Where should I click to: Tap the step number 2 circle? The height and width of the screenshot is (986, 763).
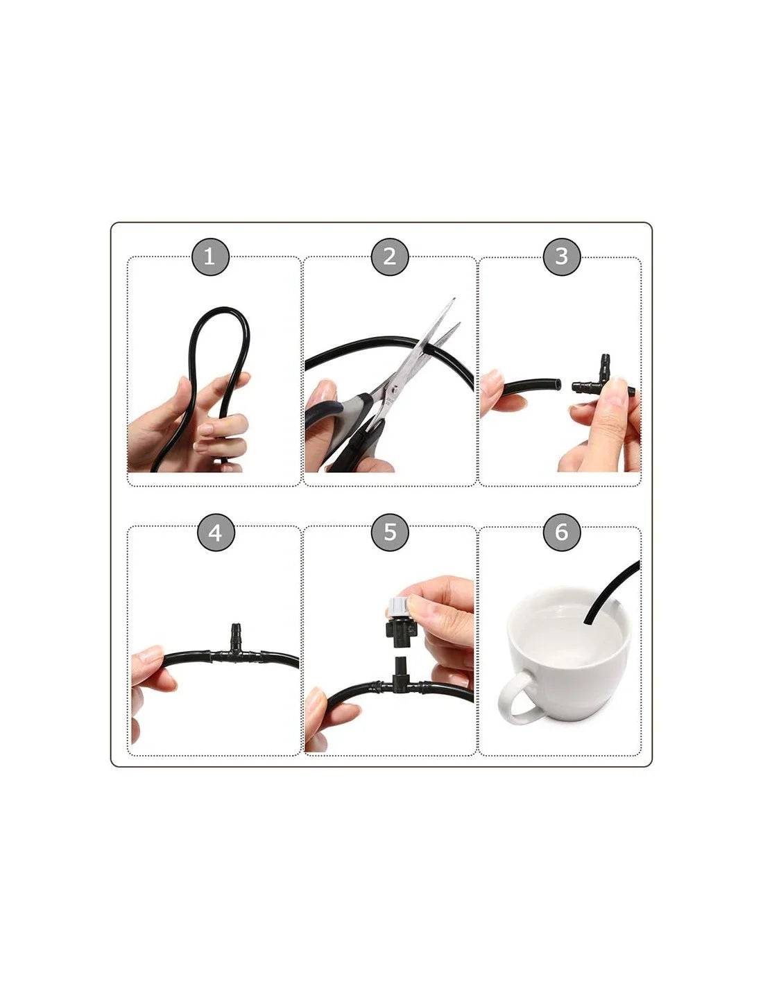click(390, 257)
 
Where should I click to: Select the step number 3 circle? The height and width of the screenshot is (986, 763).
click(562, 257)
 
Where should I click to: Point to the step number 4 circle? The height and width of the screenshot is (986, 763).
click(216, 533)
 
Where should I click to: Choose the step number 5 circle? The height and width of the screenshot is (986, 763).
click(390, 533)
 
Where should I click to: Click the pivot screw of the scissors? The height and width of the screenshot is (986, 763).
click(396, 388)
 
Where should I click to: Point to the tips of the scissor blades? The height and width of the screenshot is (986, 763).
click(456, 311)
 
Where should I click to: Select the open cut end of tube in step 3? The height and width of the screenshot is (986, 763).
click(558, 385)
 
